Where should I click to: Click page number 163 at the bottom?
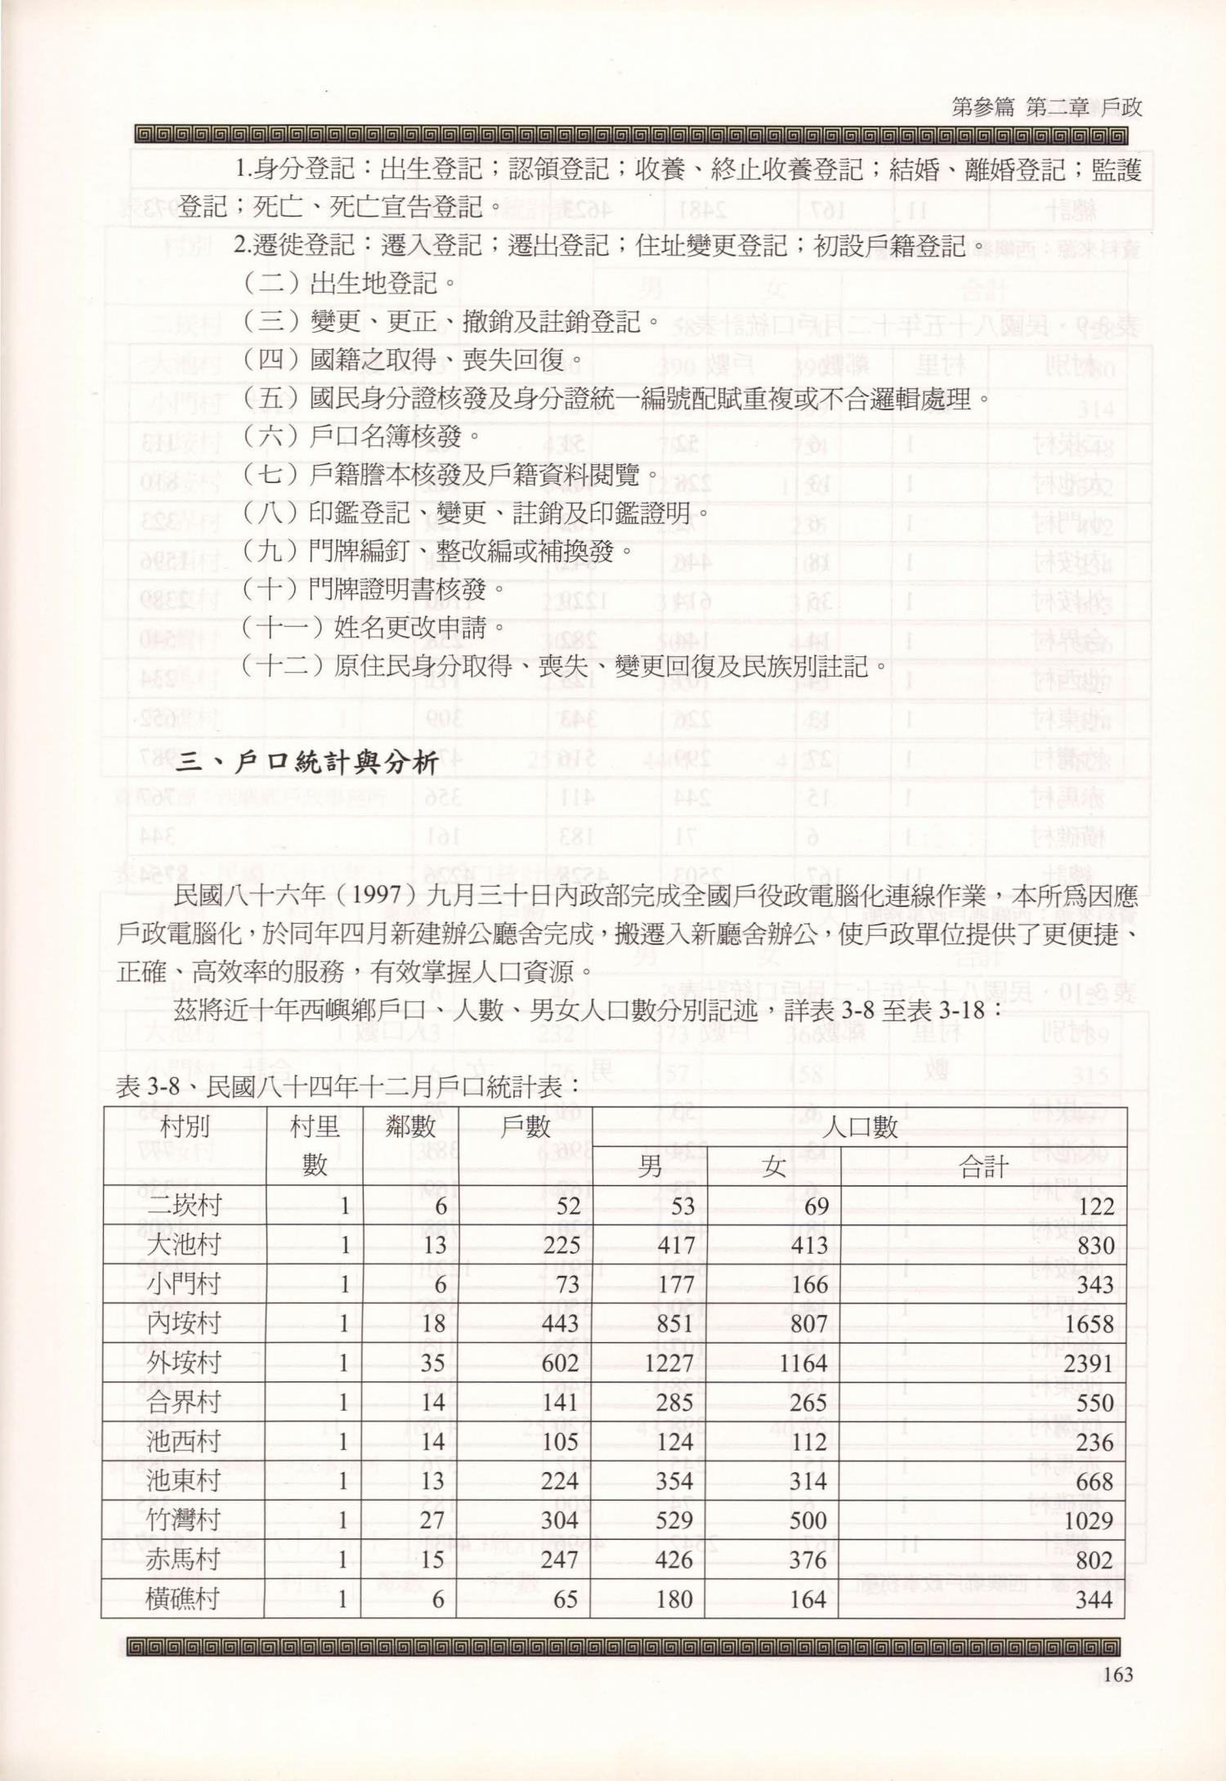[x=1117, y=1674]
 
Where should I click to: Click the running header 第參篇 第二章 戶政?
[x=1046, y=108]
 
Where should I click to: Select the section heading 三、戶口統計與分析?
[x=308, y=764]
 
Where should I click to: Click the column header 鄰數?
[x=411, y=1127]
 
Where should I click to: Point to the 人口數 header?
[x=859, y=1127]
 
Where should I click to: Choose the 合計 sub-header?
[x=983, y=1166]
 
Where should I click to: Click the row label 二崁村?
[x=185, y=1206]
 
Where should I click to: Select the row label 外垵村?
[x=185, y=1363]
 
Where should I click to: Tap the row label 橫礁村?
[x=183, y=1599]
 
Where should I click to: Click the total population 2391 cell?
[x=1089, y=1363]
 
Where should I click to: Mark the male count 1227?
[x=669, y=1363]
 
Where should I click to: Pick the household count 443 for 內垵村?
[x=560, y=1324]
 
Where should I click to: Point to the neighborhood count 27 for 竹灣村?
[x=432, y=1520]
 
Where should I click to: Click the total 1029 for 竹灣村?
[x=1089, y=1520]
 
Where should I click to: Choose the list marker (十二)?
[x=284, y=666]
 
